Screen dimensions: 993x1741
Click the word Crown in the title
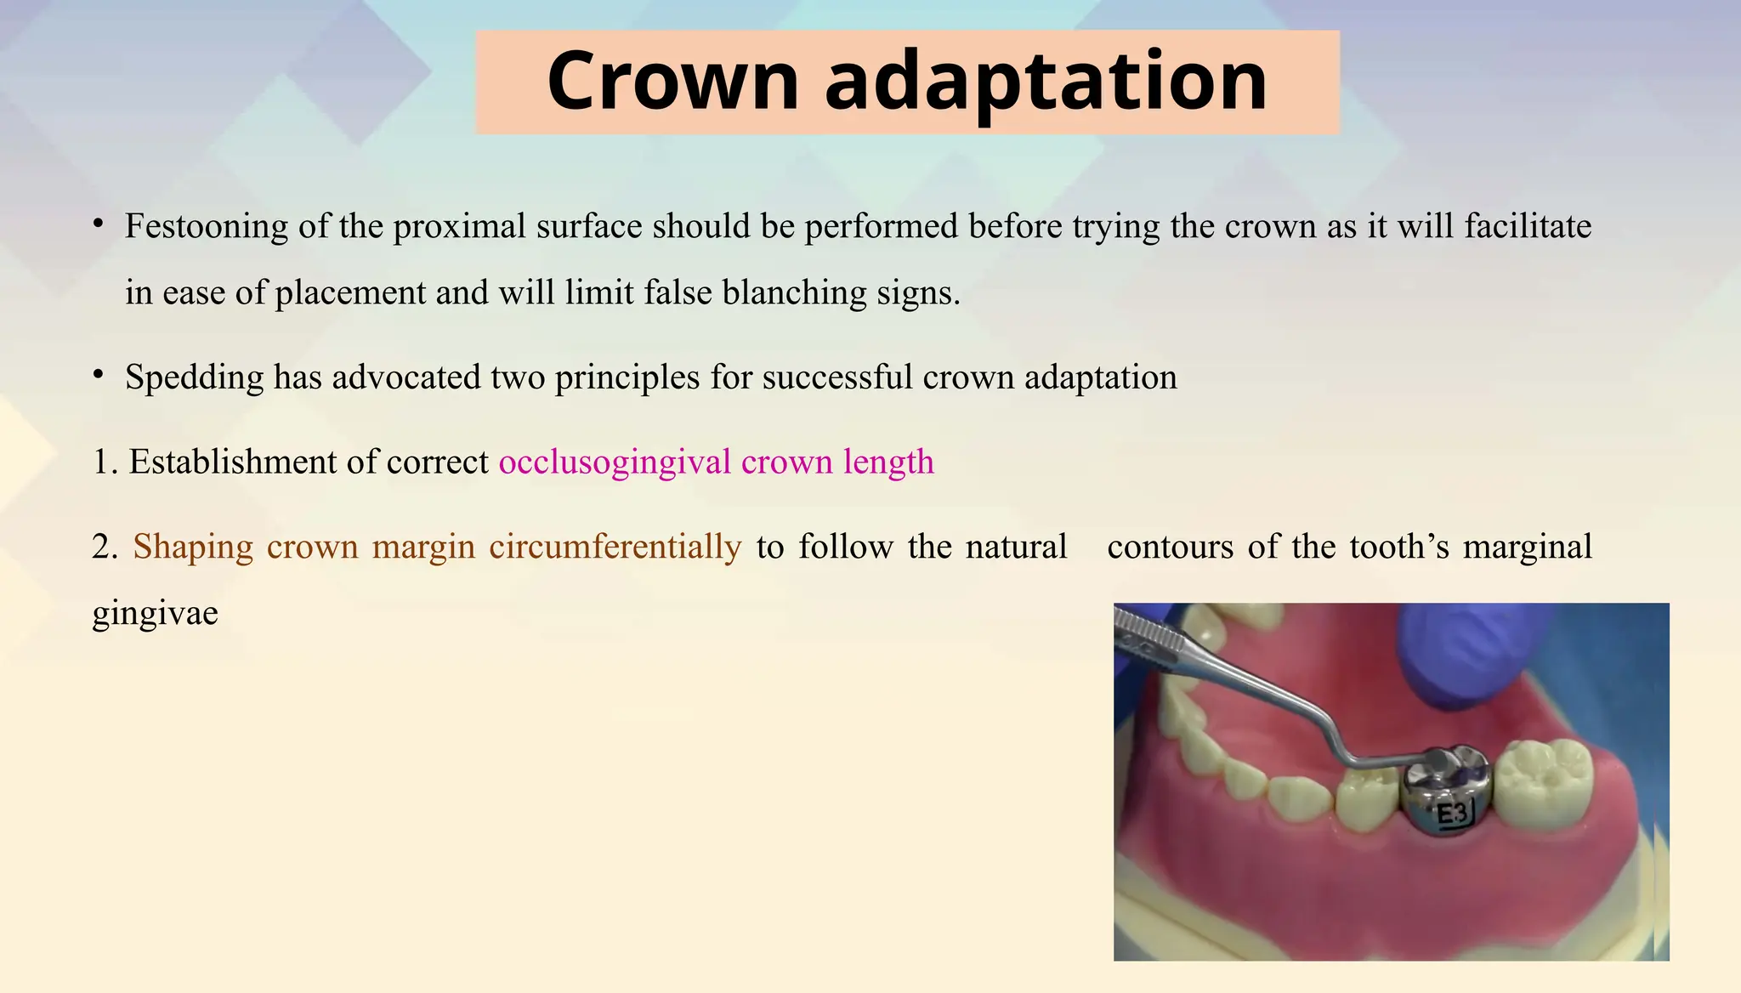(672, 82)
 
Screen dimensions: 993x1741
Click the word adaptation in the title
(1046, 82)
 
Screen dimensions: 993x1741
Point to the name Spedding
(195, 377)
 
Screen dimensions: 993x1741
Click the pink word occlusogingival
(615, 462)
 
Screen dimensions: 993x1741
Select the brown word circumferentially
(615, 547)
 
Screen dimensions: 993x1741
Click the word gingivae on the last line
(155, 613)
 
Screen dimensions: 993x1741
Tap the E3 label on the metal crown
(1452, 814)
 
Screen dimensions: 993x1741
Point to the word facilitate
(1528, 226)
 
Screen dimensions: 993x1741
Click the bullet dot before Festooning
(99, 225)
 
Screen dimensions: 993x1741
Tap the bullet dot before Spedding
(99, 376)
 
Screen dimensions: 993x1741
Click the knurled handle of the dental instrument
(1148, 634)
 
